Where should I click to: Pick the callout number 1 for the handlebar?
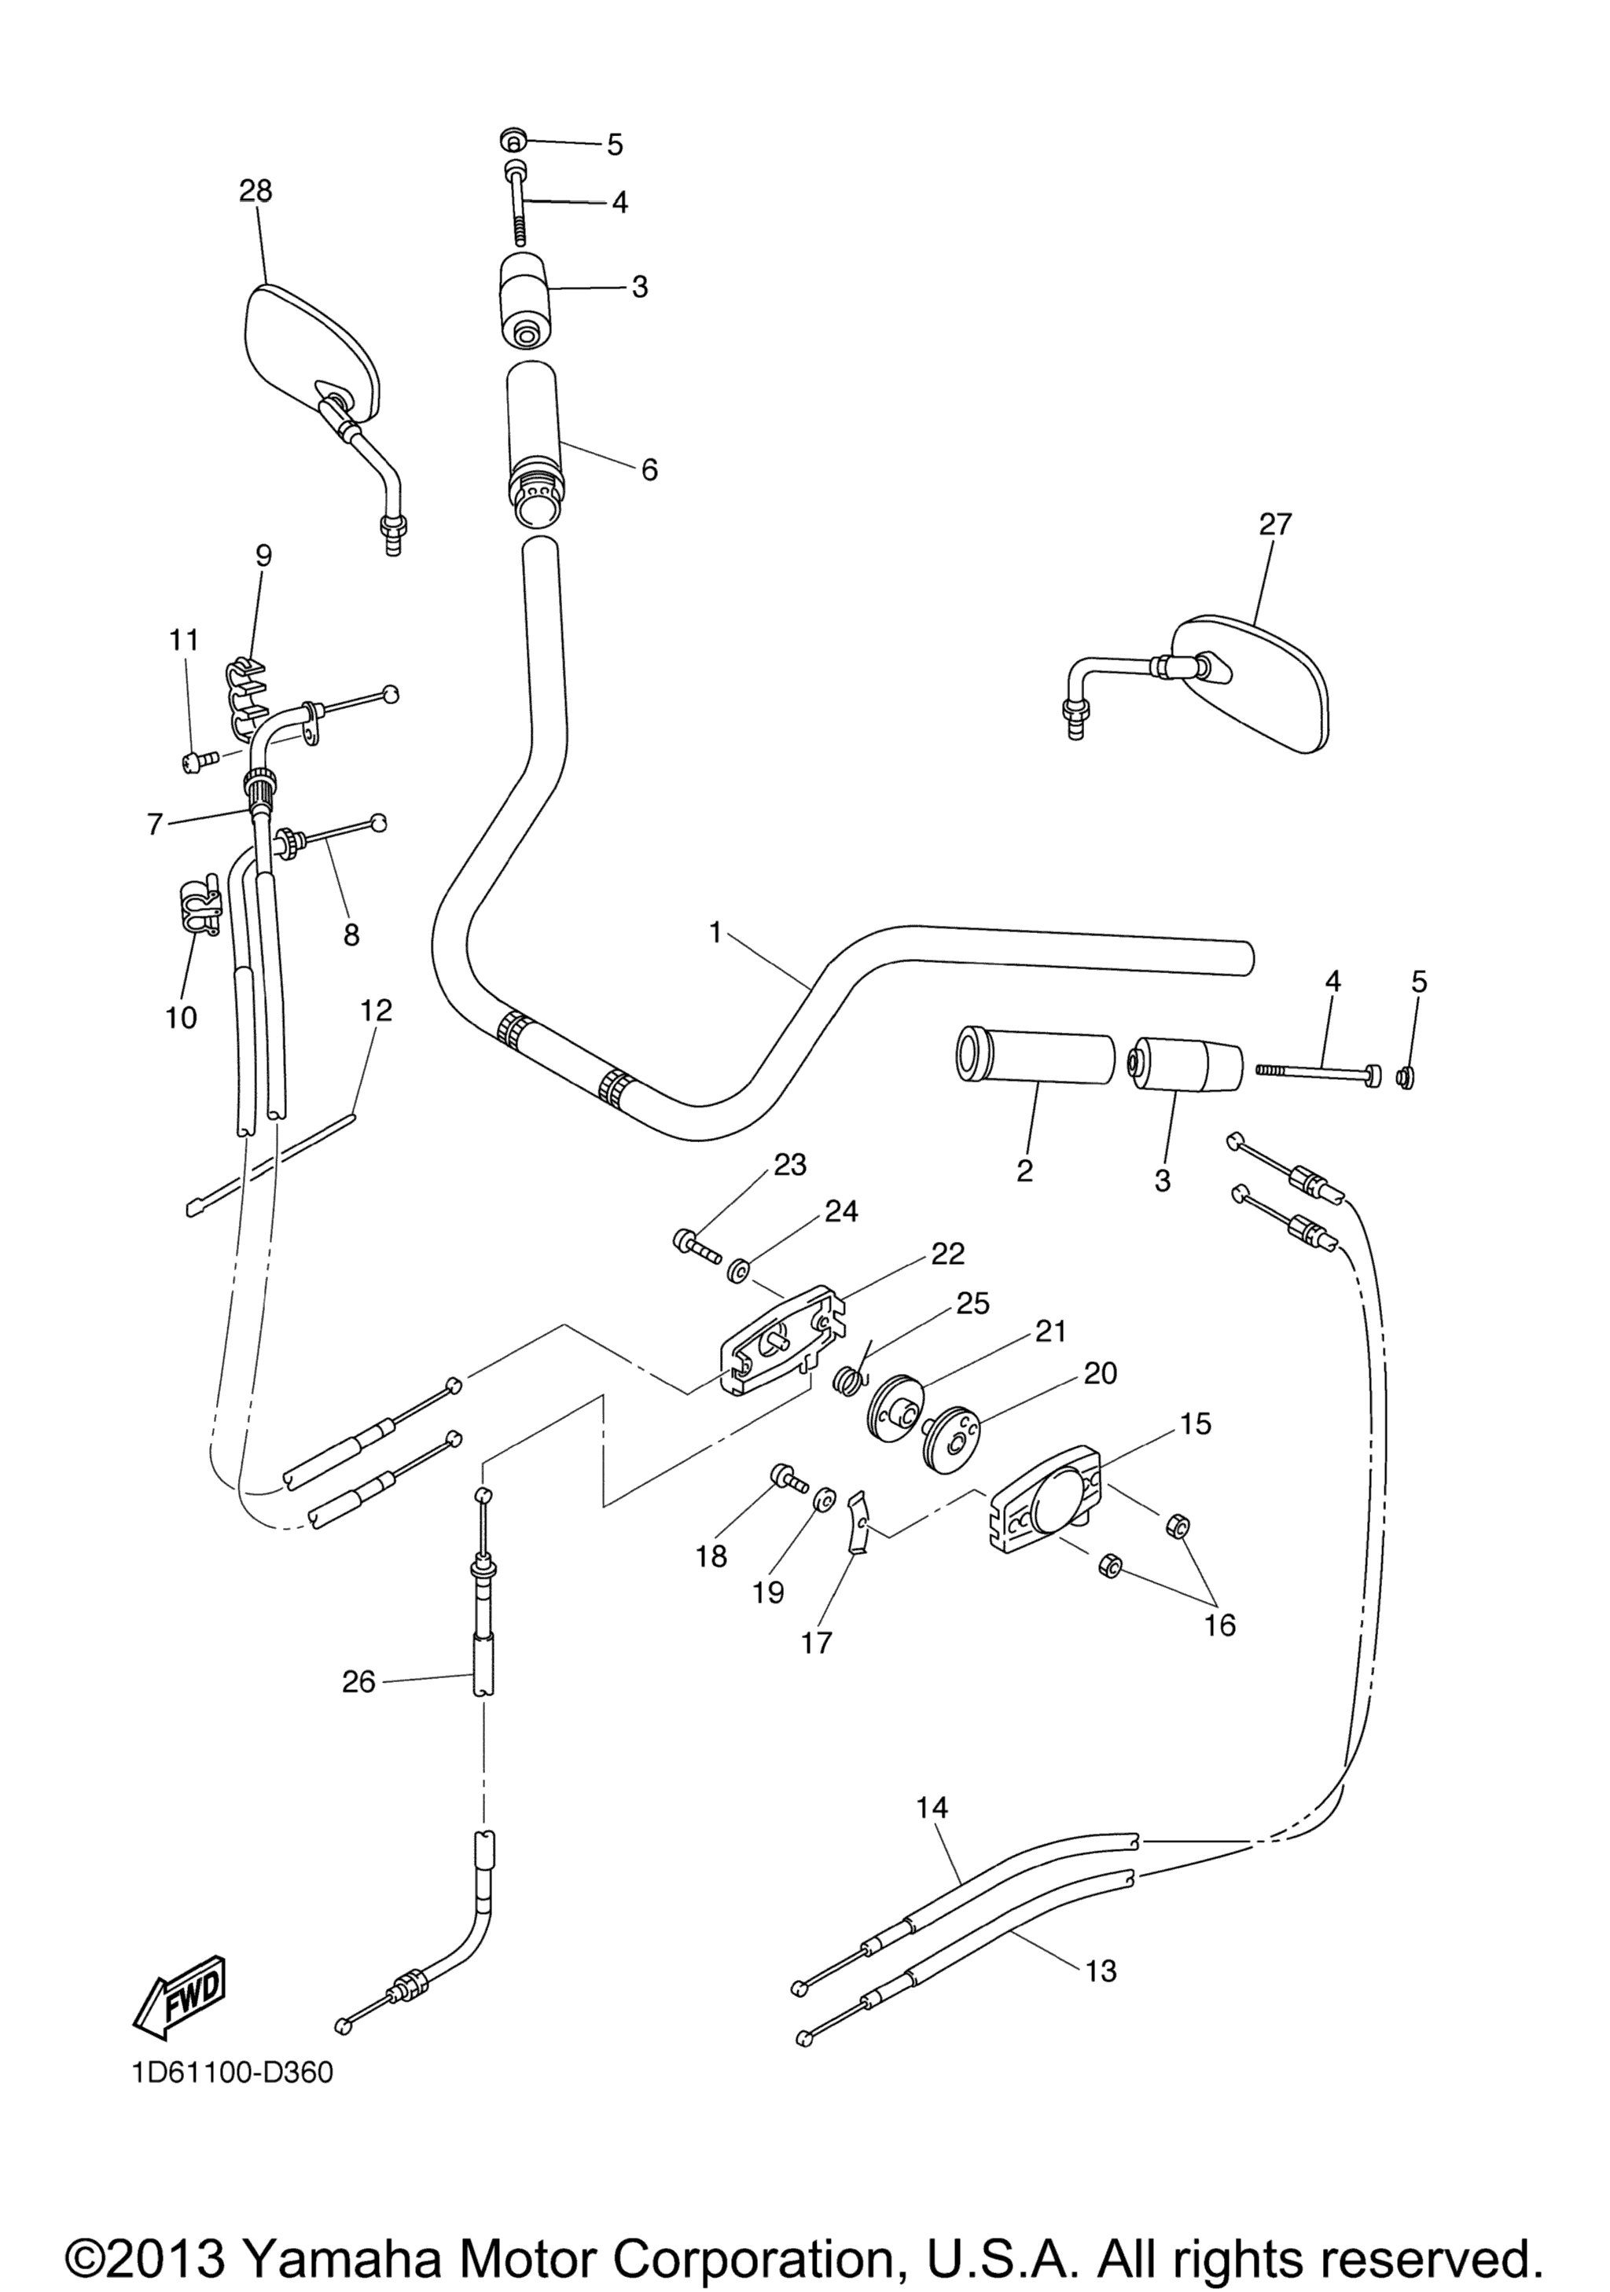coord(715,932)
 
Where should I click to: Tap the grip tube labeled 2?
coord(1035,1053)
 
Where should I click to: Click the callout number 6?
coord(650,469)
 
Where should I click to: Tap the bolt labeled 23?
coord(698,1246)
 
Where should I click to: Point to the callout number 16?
coord(1220,1625)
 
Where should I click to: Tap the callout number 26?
coord(358,1682)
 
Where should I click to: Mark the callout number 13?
coord(1101,1971)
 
